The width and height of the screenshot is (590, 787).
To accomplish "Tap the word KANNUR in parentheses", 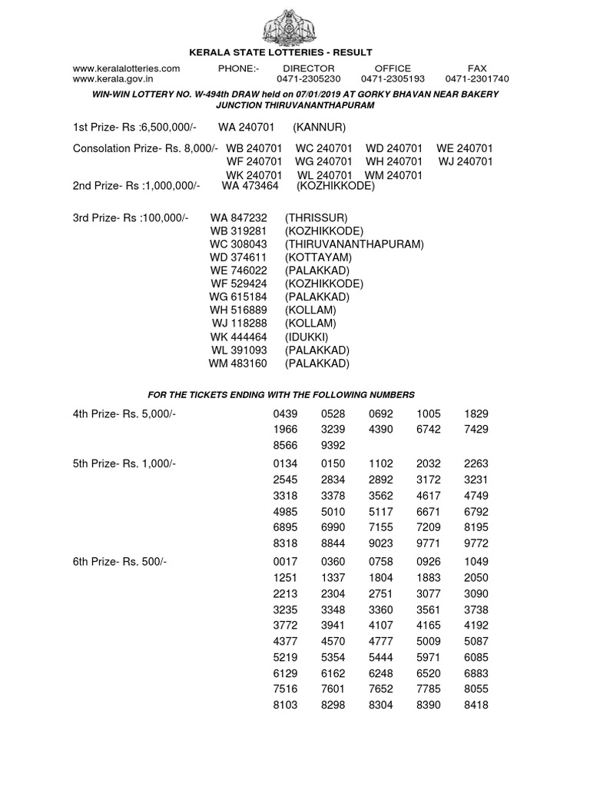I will click(320, 127).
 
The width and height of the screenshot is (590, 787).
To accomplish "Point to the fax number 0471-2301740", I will click(476, 78).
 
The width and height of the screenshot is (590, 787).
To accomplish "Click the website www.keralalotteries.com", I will click(126, 68).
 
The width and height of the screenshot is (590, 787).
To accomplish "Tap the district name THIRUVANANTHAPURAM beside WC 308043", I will click(354, 244).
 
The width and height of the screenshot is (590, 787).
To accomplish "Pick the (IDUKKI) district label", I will click(307, 337).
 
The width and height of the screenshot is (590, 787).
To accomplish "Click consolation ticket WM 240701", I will click(393, 175).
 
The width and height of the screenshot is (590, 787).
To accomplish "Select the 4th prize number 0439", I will click(285, 413).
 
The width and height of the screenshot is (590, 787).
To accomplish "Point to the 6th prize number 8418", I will click(476, 704).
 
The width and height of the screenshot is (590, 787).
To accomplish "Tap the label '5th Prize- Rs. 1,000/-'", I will click(124, 464).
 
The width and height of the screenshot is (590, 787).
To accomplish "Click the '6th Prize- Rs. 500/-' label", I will click(119, 562).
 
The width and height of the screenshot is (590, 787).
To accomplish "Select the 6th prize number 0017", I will click(285, 562).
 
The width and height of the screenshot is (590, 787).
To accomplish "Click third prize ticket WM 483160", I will click(238, 364).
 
